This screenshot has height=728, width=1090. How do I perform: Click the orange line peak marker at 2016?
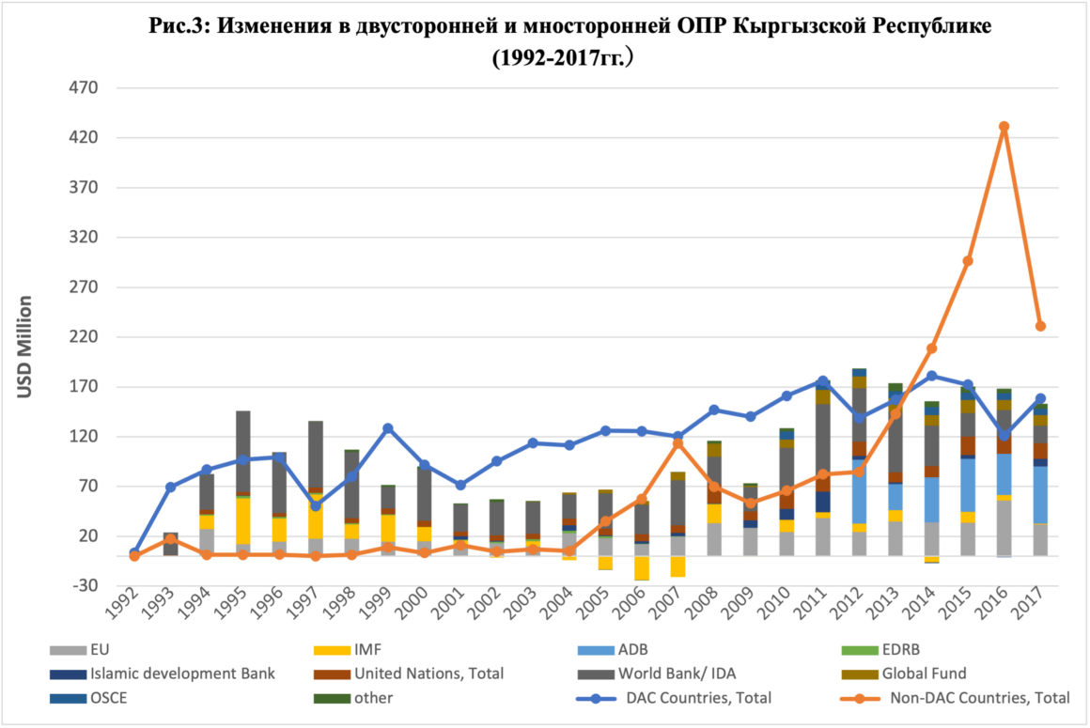click(1004, 126)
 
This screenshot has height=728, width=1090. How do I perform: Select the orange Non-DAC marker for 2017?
click(1040, 326)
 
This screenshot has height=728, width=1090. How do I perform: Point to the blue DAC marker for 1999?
click(387, 428)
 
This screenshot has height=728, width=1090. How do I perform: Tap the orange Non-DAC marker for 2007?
click(677, 442)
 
